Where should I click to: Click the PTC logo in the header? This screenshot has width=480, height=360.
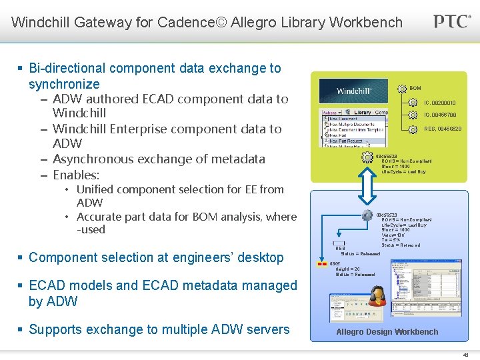pos(451,21)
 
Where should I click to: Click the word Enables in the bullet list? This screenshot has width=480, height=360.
pos(75,175)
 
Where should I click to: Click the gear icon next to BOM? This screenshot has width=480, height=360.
pos(401,89)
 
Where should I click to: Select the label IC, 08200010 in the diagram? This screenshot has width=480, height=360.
pos(440,103)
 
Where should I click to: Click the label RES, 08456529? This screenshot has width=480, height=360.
pos(442,129)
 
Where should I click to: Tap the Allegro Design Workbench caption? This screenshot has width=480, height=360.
pos(387,332)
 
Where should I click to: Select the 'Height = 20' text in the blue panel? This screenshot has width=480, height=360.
pos(347,269)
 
